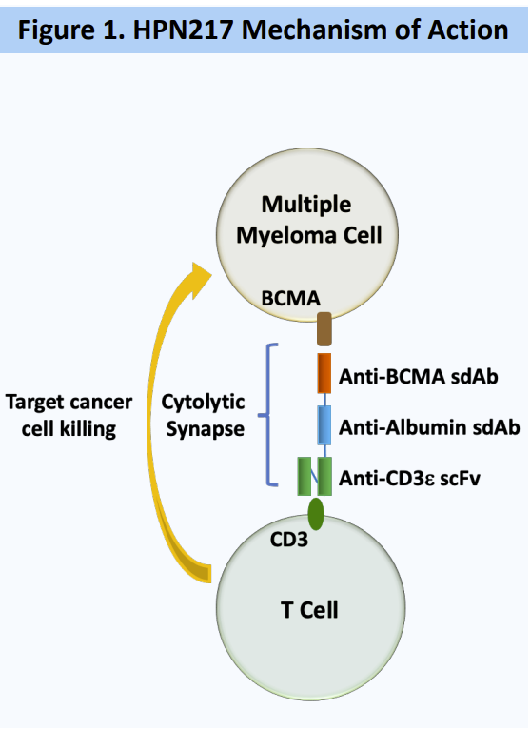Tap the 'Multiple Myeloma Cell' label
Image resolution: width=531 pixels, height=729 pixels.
[x=308, y=220]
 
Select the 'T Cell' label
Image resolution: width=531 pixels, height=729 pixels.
[x=309, y=609]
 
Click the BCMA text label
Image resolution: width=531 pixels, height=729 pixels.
[x=290, y=299]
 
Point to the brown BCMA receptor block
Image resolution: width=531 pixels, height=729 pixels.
[x=324, y=329]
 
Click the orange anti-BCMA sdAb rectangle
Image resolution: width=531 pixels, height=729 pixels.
[x=324, y=373]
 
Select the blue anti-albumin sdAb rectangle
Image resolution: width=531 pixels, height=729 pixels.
[x=324, y=425]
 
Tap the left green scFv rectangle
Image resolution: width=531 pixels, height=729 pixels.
[x=305, y=476]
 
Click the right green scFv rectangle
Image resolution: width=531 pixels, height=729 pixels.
[x=324, y=476]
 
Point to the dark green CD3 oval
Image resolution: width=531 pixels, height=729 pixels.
[x=316, y=514]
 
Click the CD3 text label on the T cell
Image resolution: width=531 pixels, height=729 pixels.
[x=288, y=540]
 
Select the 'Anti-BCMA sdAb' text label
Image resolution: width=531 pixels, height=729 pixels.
[x=418, y=376]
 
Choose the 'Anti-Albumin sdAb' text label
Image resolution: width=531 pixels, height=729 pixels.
[x=429, y=427]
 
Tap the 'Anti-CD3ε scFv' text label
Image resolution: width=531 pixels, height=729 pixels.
[x=409, y=478]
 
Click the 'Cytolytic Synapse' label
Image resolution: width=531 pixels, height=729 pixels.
[x=204, y=415]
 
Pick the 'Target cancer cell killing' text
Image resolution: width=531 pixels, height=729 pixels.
[x=69, y=415]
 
